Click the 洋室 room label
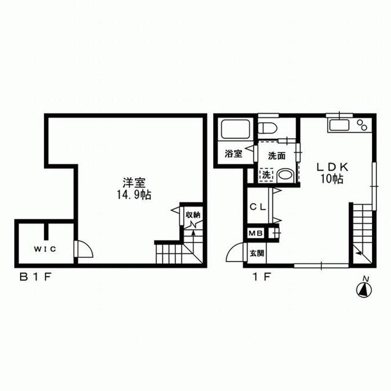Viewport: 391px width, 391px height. [134, 183]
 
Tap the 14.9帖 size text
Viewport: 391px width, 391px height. [134, 194]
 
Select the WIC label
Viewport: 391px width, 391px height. [45, 249]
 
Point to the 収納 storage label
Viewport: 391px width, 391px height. [193, 214]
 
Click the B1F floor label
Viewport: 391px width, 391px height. [35, 277]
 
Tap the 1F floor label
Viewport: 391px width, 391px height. [262, 277]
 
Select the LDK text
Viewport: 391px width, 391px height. [332, 167]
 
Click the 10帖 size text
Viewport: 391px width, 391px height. [332, 178]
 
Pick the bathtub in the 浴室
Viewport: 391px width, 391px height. [236, 129]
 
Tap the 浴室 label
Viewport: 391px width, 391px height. [233, 153]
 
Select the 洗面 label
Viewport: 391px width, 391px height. [277, 156]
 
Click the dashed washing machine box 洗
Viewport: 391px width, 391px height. [266, 175]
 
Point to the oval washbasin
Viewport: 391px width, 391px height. [285, 175]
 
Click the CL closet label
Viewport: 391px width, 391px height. [258, 207]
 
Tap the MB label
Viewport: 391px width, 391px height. [256, 233]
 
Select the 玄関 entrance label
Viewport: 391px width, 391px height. [257, 254]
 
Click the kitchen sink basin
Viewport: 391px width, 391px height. [339, 125]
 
